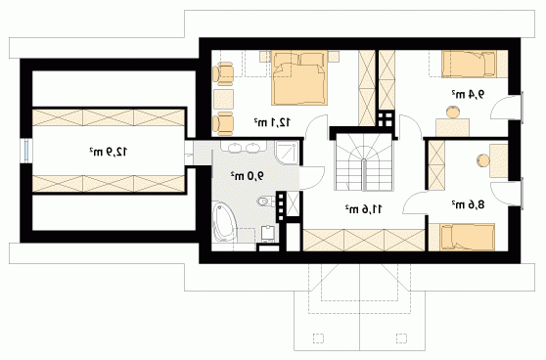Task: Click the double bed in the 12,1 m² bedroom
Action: [x=299, y=77]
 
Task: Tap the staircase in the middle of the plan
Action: [x=364, y=161]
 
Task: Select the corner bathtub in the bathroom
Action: [x=224, y=222]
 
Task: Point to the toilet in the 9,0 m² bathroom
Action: [x=266, y=201]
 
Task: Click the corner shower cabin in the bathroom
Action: [x=287, y=153]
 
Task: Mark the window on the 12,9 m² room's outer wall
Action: [x=26, y=151]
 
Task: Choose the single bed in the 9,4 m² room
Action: [x=469, y=64]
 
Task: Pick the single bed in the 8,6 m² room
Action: [x=467, y=237]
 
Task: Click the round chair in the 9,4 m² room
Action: [x=453, y=112]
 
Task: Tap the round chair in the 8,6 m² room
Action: [x=483, y=160]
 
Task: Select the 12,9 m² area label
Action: [x=109, y=152]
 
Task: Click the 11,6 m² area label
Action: [x=364, y=209]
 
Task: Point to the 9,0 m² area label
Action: [x=248, y=176]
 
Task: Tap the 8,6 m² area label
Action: [x=468, y=204]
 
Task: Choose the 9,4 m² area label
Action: [x=468, y=94]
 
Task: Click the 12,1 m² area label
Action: [x=272, y=122]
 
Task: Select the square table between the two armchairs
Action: [x=223, y=99]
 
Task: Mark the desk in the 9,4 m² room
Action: [x=453, y=127]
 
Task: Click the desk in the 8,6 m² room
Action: [x=499, y=161]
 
